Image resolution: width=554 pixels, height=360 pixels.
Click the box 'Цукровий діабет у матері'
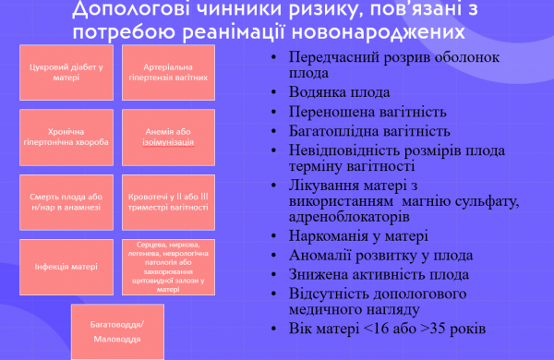pos(66,73)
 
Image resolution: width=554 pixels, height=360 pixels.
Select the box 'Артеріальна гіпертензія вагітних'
pos(168,73)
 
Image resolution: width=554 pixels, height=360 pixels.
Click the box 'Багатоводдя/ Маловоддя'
pos(117,330)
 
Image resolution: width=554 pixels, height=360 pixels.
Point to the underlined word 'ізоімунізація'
pos(168,144)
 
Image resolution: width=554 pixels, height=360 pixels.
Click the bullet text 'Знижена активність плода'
pos(378,274)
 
